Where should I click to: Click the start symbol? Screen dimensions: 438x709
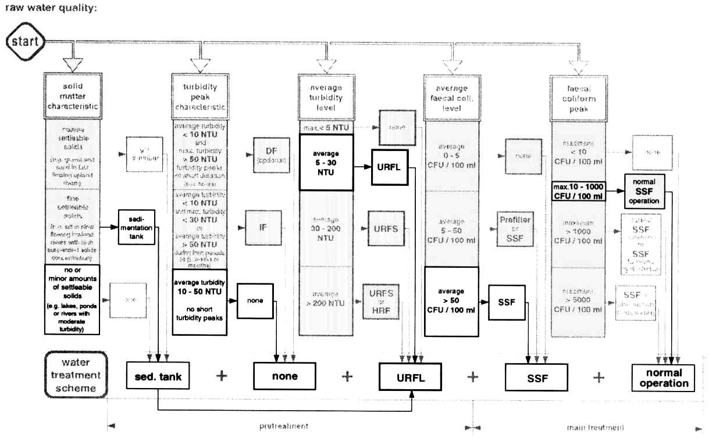coord(24,41)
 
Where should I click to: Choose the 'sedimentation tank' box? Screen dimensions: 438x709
coord(137,225)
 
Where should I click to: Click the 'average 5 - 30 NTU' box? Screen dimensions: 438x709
coord(326,162)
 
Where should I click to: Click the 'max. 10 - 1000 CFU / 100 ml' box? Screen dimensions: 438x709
coord(579,191)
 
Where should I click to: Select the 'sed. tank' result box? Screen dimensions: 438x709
coord(155,376)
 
